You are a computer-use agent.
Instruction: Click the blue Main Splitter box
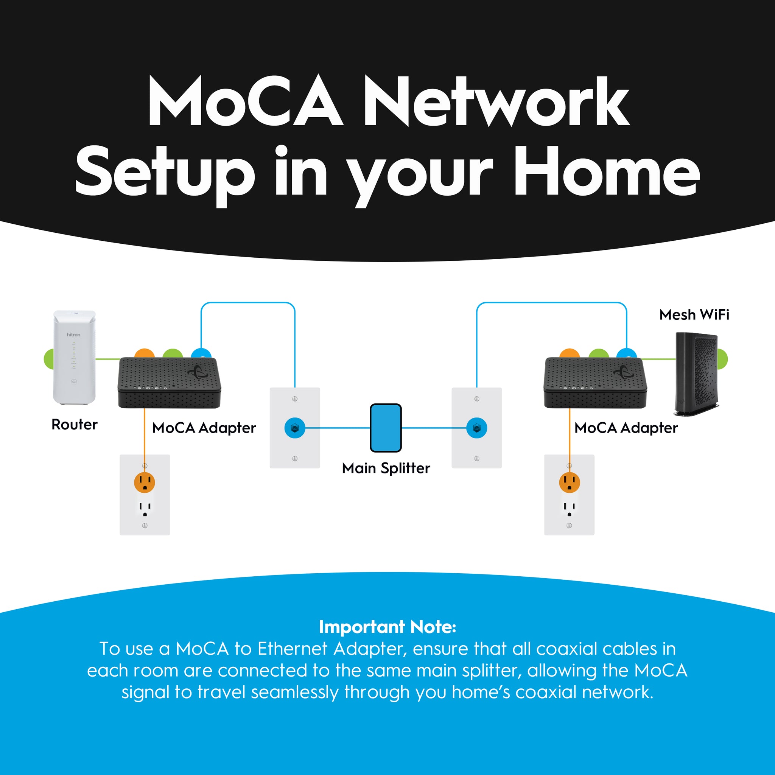click(386, 428)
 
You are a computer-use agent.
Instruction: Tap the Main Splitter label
click(386, 468)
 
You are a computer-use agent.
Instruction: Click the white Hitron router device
click(75, 357)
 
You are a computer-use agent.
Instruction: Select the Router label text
click(75, 425)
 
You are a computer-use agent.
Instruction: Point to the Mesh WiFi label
click(694, 315)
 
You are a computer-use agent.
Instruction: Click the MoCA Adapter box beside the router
click(169, 383)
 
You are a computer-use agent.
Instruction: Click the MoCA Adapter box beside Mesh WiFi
click(595, 383)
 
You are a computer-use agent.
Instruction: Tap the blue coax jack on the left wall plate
click(295, 428)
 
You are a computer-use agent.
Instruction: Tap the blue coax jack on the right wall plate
click(476, 428)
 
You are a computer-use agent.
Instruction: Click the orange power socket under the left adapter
click(145, 482)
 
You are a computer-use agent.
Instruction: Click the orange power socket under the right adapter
click(569, 482)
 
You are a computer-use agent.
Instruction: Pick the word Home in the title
click(607, 173)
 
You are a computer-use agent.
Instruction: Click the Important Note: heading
click(387, 627)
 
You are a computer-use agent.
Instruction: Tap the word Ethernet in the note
click(293, 649)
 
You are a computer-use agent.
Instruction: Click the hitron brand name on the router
click(73, 335)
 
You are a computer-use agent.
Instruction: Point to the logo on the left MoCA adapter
click(198, 372)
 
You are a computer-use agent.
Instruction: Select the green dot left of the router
click(48, 359)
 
